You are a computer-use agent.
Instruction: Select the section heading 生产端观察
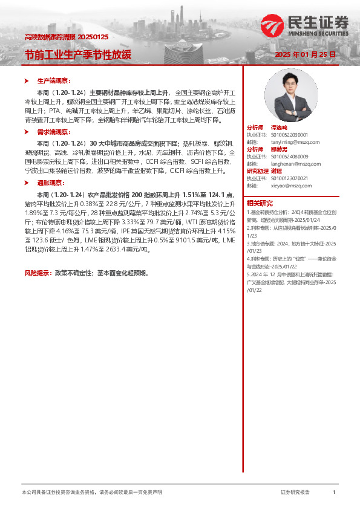pyautogui.click(x=53, y=80)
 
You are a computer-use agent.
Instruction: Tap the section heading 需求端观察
pyautogui.click(x=53, y=131)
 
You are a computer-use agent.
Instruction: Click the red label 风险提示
pyautogui.click(x=38, y=273)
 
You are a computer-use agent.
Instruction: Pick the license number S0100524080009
pyautogui.click(x=290, y=157)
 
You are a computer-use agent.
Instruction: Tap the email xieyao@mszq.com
pyautogui.click(x=291, y=186)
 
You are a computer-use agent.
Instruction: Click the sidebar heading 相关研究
pyautogui.click(x=260, y=203)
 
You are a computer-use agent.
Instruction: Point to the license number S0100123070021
pyautogui.click(x=290, y=178)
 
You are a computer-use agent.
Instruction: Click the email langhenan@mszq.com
pyautogui.click(x=296, y=163)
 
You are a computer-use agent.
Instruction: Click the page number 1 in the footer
pyautogui.click(x=334, y=493)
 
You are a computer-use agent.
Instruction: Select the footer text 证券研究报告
pyautogui.click(x=295, y=493)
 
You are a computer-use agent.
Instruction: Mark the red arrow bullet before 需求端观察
pyautogui.click(x=26, y=131)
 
